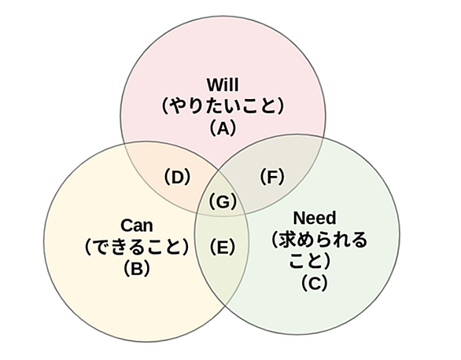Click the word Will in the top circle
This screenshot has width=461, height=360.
tap(223, 85)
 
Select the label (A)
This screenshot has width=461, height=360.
tap(223, 128)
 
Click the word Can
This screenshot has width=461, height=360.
tap(137, 226)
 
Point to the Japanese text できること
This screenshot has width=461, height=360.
tap(137, 247)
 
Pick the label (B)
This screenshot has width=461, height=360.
tap(137, 268)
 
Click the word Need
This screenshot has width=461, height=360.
tap(315, 218)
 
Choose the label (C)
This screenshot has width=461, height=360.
tap(315, 282)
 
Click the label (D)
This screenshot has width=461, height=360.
tap(177, 177)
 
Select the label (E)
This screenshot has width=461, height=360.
tap(223, 247)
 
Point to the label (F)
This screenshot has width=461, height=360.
tap(272, 177)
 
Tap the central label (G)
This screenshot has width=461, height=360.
tap(223, 202)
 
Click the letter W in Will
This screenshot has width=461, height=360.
tap(214, 85)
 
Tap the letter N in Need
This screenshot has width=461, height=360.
tap(299, 219)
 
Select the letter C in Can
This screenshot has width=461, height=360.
tap(127, 226)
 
